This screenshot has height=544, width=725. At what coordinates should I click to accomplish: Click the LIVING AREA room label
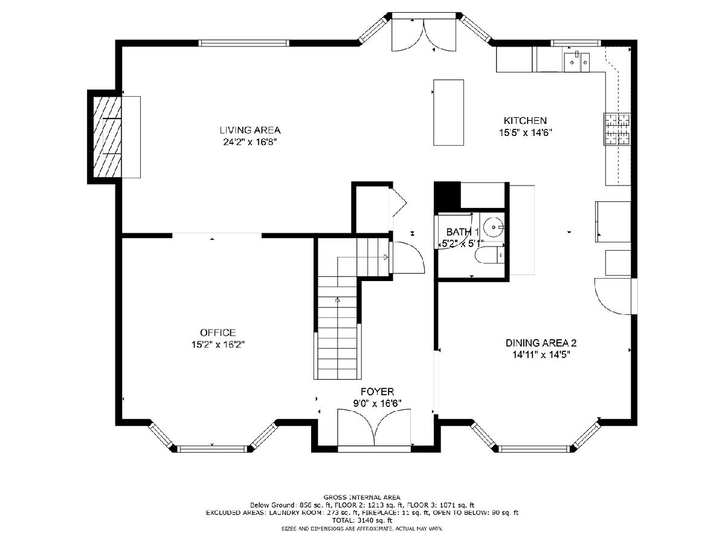250,130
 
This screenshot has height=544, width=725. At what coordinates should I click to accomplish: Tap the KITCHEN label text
525,120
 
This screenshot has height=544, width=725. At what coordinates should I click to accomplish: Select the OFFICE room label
217,332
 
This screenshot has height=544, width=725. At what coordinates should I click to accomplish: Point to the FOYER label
377,392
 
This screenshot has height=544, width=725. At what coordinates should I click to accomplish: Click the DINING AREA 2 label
541,343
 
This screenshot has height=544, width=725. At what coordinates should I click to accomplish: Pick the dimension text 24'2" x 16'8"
250,142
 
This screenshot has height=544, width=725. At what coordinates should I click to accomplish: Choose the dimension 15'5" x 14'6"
526,132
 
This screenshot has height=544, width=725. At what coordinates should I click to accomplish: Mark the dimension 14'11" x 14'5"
541,355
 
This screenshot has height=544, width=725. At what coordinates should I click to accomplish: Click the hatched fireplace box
107,137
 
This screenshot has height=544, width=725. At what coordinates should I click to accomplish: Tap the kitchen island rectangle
448,112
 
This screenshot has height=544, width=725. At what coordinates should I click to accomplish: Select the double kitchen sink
576,62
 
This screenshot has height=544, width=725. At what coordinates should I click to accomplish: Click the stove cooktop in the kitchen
617,129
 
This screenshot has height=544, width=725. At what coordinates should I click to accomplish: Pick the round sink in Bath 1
493,227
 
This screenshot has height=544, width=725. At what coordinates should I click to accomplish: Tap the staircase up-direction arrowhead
337,300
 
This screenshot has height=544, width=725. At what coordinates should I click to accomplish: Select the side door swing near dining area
613,296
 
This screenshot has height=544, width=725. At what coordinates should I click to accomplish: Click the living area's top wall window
243,43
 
